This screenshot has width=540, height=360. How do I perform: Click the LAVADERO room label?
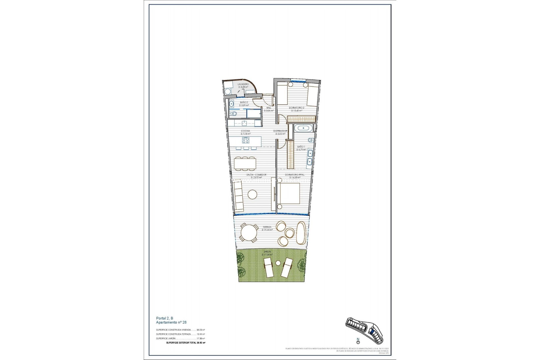[x=243, y=84]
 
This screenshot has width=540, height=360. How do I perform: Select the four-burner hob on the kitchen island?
[x=246, y=140]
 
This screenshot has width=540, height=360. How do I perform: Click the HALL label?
[x=269, y=108]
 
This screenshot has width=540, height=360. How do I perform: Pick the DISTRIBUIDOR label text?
[x=280, y=131]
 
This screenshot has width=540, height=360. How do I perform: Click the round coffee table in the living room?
[x=252, y=194]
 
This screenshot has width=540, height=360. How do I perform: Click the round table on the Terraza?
[x=249, y=232]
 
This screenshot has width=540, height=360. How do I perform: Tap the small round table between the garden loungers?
[x=278, y=263]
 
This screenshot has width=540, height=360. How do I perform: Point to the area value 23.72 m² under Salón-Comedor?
[x=256, y=178]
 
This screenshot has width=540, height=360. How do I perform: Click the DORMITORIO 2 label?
[x=296, y=108]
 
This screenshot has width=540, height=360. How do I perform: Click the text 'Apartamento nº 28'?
[x=171, y=322]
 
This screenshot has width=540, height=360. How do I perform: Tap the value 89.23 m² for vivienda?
[x=201, y=330]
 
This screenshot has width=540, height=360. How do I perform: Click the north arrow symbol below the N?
[x=358, y=342]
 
